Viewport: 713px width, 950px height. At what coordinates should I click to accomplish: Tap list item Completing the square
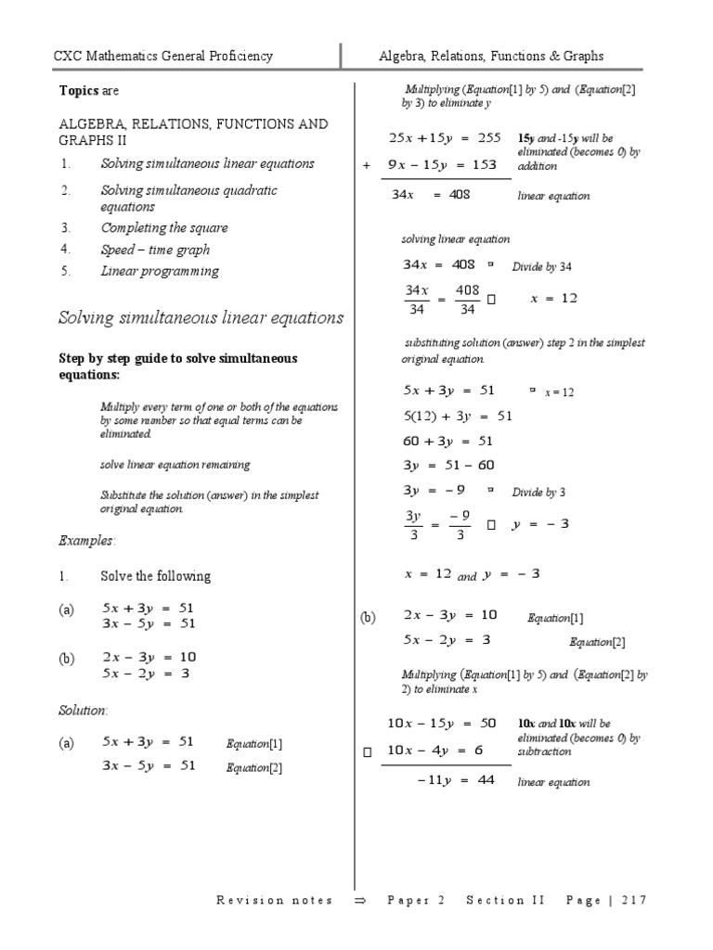pos(163,228)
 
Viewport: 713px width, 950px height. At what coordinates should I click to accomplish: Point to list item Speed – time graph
pos(155,250)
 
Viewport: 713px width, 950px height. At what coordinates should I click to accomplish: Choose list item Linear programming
pos(160,272)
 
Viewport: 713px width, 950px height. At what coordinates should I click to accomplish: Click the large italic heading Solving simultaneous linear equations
pos(201,318)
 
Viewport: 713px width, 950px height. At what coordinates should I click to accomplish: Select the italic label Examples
pos(86,540)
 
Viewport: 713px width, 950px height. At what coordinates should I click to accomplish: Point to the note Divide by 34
pos(542,267)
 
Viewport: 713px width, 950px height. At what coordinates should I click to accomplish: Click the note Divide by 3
pos(538,493)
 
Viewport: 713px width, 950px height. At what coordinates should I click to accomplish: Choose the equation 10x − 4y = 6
pos(434,751)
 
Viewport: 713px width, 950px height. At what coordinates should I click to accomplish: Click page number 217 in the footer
pos(635,901)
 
